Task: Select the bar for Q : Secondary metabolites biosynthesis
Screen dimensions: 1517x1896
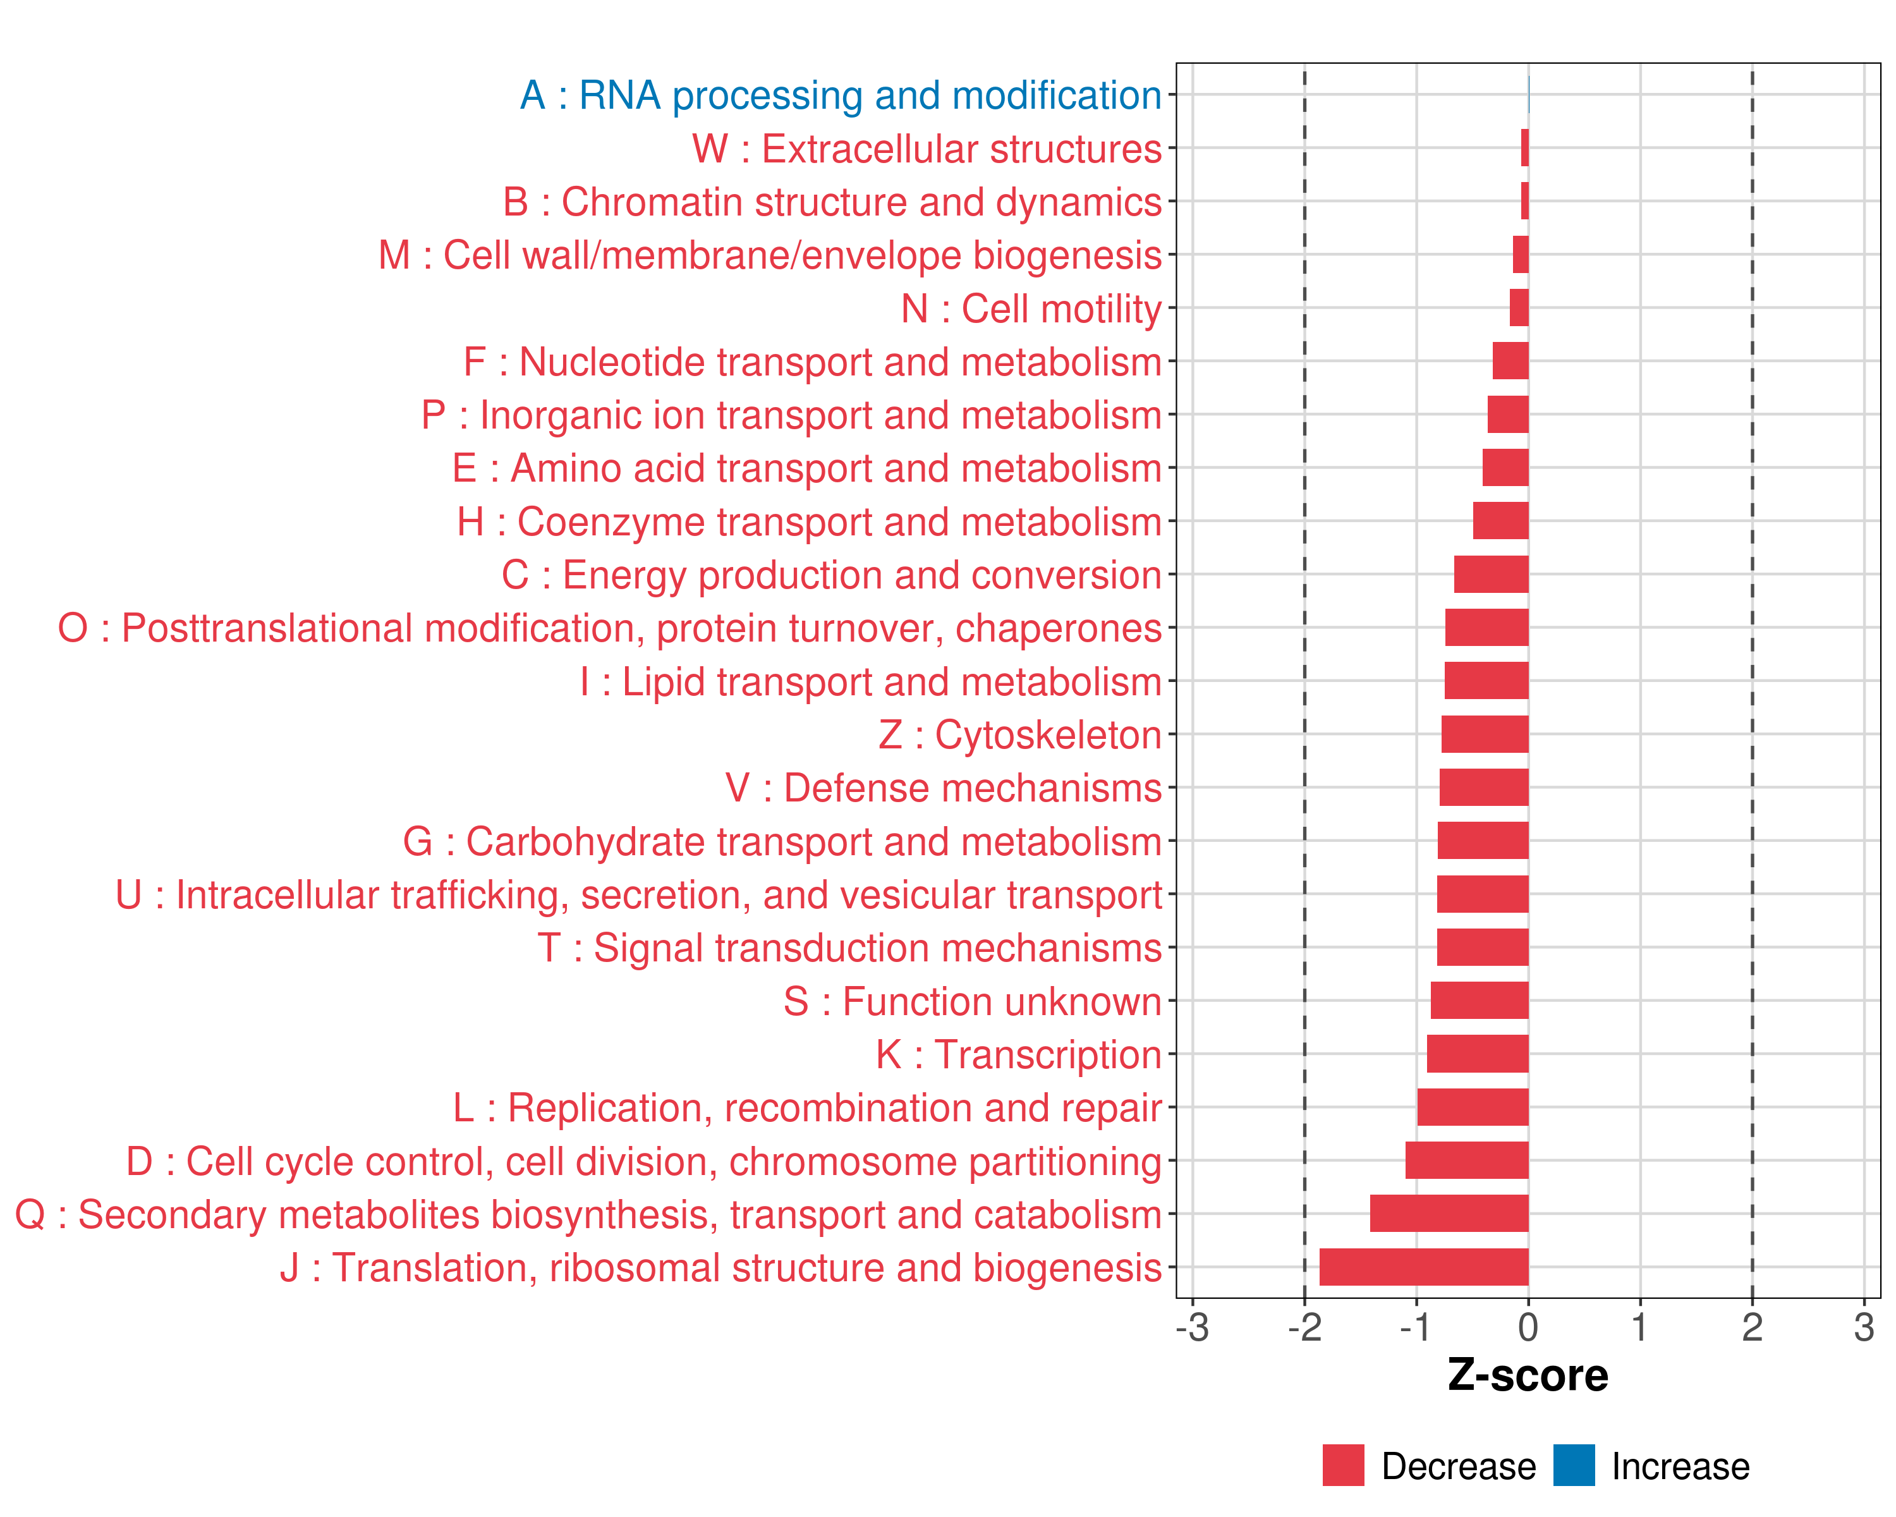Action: point(1449,1214)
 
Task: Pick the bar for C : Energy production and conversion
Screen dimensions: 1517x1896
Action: point(1492,575)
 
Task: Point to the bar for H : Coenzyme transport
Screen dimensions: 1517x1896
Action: point(1501,521)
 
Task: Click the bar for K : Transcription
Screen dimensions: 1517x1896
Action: point(1478,1054)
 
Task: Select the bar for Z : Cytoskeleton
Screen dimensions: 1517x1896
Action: point(1485,734)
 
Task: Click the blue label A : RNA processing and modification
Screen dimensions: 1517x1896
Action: point(841,95)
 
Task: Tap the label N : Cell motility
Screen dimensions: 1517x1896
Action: point(1031,308)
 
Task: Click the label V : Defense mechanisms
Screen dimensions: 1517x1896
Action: point(944,788)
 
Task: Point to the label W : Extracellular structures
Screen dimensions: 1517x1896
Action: point(927,149)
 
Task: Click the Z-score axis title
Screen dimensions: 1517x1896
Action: point(1528,1375)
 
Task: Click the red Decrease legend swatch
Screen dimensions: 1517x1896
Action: point(1343,1465)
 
